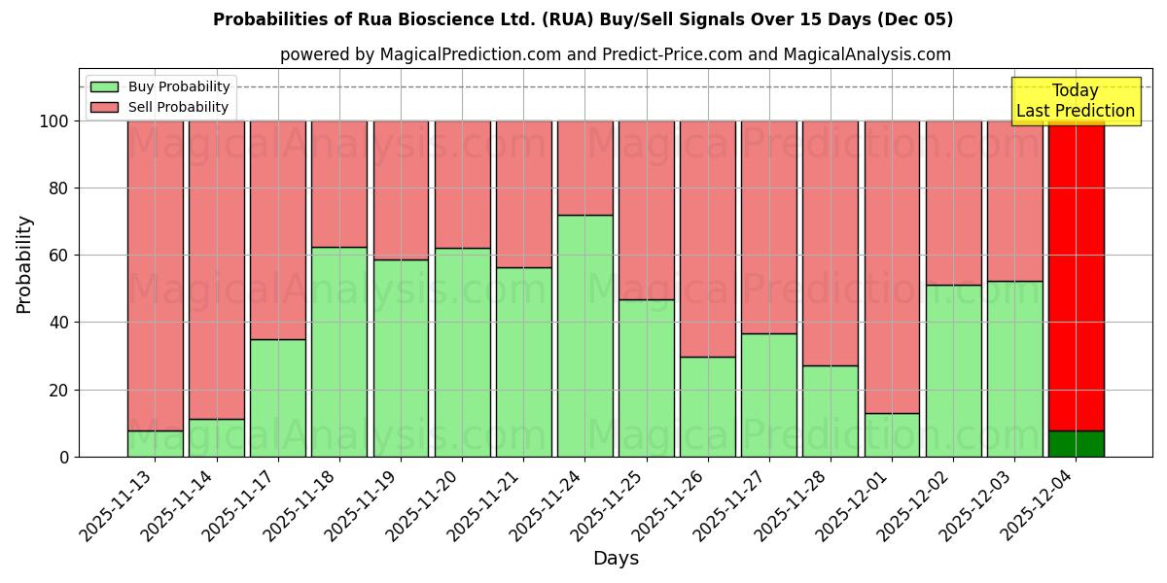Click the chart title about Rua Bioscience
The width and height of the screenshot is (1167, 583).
click(x=583, y=19)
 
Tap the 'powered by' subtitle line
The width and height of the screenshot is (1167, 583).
click(x=615, y=54)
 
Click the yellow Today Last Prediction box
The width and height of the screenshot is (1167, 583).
click(x=1075, y=101)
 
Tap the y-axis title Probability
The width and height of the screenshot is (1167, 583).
click(x=24, y=264)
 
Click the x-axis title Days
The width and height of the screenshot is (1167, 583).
click(x=616, y=559)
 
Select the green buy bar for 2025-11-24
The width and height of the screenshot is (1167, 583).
click(x=584, y=335)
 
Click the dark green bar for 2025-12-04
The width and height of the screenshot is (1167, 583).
click(x=1076, y=444)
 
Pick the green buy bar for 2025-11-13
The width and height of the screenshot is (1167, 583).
click(x=155, y=444)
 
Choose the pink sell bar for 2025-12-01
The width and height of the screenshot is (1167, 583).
click(x=892, y=267)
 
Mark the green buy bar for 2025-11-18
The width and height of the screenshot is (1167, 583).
click(x=339, y=352)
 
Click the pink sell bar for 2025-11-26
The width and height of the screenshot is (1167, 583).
click(x=707, y=239)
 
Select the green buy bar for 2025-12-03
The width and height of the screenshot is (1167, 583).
click(x=1014, y=369)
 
